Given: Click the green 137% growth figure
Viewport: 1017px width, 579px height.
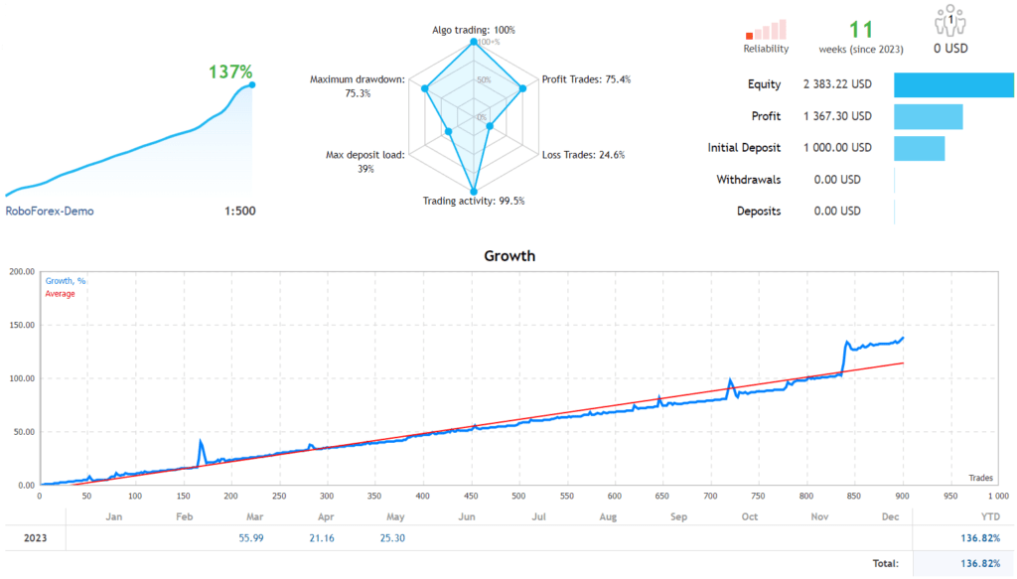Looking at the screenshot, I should point(230,72).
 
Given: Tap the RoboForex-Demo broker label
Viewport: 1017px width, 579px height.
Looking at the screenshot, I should point(50,211).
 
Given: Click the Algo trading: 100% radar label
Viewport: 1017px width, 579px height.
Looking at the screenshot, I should point(474,30).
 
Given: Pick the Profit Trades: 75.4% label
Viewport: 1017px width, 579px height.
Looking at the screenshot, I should point(586,79).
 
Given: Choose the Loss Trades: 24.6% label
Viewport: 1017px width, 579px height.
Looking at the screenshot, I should point(584,155).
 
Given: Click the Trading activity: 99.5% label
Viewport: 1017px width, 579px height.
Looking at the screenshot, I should point(474,201).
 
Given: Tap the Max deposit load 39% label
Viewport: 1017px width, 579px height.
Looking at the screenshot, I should point(364,162).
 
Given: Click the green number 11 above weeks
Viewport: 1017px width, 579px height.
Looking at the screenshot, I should point(860,30).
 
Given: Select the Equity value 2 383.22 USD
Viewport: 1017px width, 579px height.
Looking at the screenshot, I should point(837,84).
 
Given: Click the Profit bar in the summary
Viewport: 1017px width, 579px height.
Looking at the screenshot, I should point(928,116).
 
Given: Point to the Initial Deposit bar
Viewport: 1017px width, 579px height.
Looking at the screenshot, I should point(919,148).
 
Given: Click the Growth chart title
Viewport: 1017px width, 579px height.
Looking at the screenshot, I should point(508,256).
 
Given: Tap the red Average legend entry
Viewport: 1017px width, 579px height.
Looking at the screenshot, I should point(60,294).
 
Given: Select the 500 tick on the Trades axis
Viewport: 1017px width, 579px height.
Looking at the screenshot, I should point(519,496).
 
